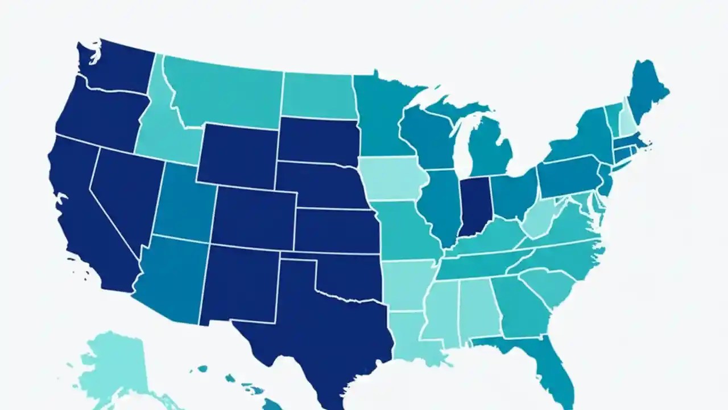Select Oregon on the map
click(100, 117)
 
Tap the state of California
click(85, 211)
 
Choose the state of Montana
click(222, 94)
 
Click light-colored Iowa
click(392, 179)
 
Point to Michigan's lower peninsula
click(489, 148)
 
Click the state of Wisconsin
click(427, 134)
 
